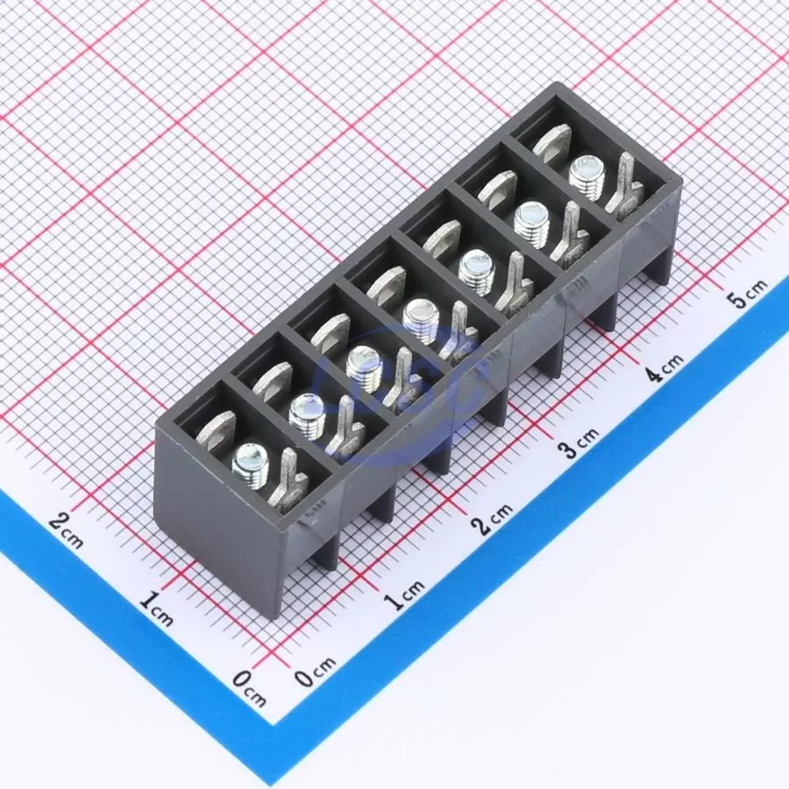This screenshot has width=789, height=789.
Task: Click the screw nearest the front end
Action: pyautogui.click(x=250, y=466)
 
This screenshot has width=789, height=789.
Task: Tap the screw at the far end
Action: pyautogui.click(x=586, y=177)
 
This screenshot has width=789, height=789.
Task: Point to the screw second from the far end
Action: pyautogui.click(x=531, y=224)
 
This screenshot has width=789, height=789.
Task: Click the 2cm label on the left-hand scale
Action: pyautogui.click(x=67, y=530)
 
